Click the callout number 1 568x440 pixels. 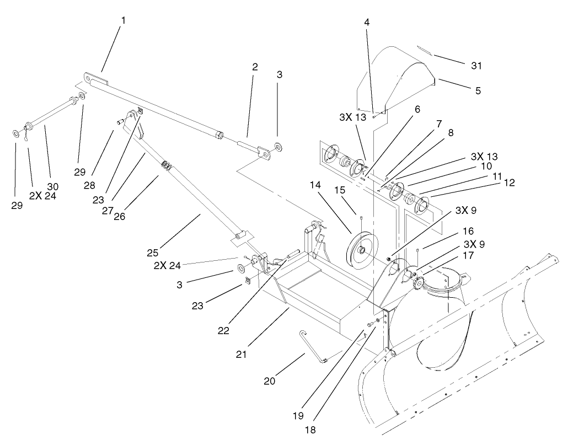coord(124,20)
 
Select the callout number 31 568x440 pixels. coord(476,66)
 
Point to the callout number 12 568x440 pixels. coord(509,183)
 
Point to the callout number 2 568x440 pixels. coord(255,67)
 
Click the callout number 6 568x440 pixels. coord(417,109)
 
